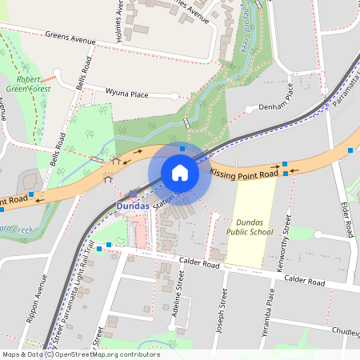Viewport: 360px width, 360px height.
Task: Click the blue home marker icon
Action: (180, 172)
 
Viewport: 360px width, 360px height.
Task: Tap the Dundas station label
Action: (134, 206)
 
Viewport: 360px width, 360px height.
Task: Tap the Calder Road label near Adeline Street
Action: (199, 263)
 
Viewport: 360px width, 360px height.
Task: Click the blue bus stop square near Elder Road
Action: (350, 150)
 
